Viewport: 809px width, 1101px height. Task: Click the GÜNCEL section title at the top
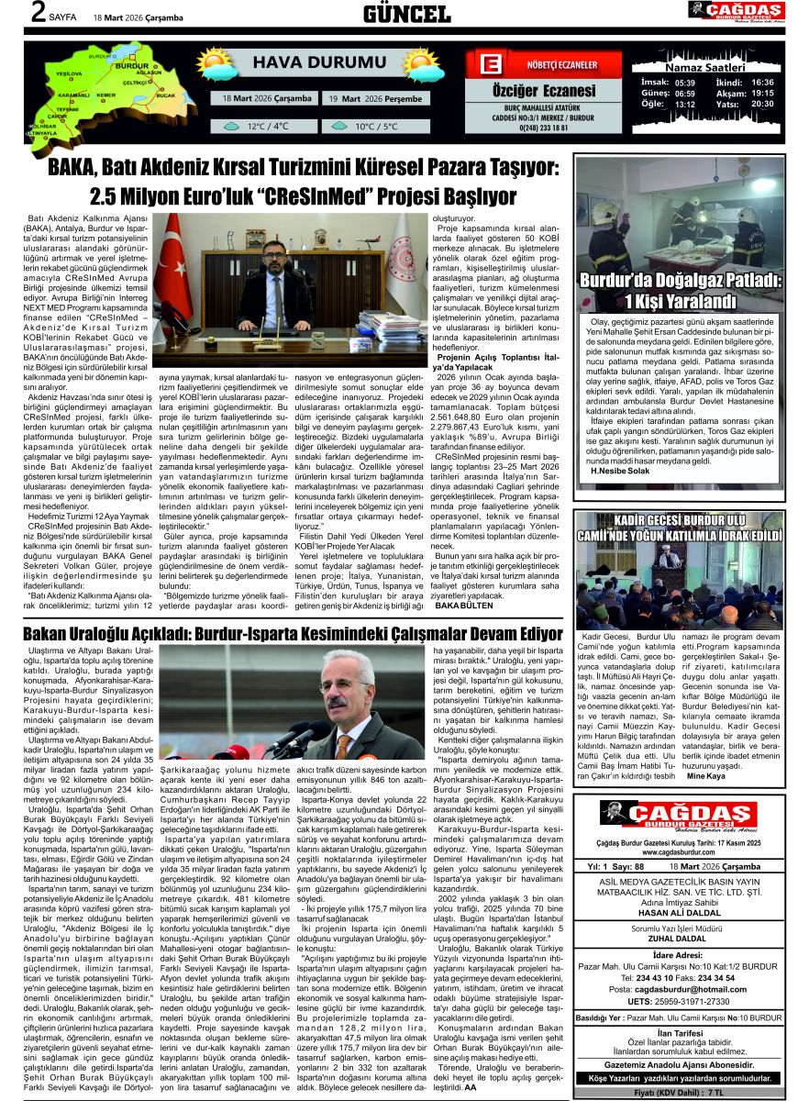406,14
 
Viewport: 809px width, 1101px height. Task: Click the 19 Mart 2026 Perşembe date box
375,99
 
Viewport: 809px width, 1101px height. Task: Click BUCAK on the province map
165,95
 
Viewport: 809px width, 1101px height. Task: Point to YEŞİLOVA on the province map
69,72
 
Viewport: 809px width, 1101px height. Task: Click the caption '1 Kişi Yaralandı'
681,302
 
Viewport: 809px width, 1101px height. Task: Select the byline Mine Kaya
705,801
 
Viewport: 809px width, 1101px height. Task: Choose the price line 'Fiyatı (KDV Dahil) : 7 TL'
679,1092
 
